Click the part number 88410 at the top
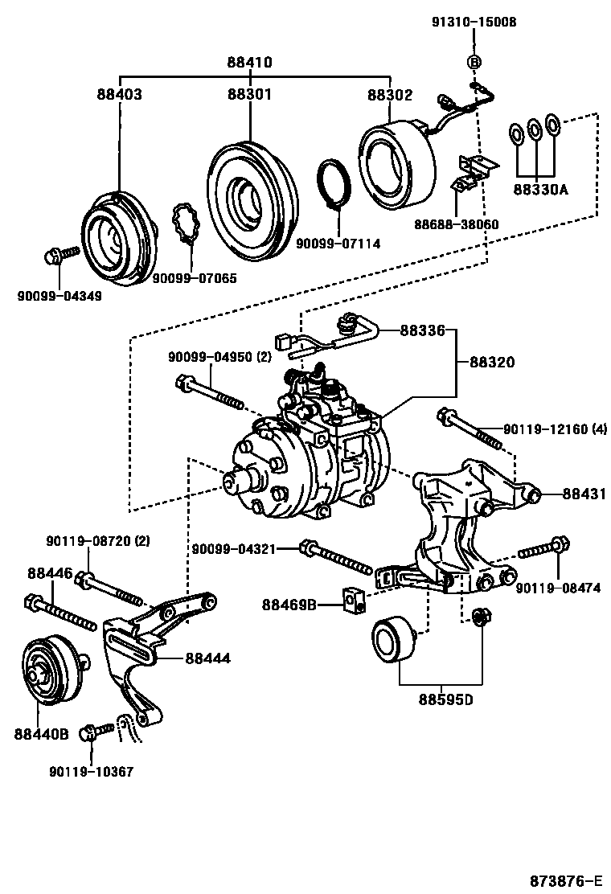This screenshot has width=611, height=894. tap(248, 62)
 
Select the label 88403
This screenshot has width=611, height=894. tap(119, 94)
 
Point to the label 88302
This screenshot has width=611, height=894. tap(390, 94)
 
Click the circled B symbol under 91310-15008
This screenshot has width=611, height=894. tap(474, 63)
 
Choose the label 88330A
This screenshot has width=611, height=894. tap(540, 190)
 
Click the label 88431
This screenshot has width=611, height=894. tap(584, 494)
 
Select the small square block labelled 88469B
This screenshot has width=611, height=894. tap(354, 597)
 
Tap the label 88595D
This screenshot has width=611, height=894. tap(445, 698)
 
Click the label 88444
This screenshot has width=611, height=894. tap(207, 658)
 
